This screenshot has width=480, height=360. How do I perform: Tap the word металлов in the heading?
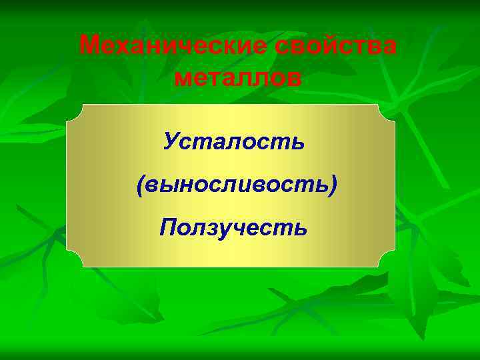238,77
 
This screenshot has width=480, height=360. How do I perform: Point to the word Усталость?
234,141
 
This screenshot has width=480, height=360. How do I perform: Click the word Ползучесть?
234,228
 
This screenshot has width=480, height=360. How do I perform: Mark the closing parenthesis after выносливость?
333,185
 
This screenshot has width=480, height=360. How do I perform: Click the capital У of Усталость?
172,141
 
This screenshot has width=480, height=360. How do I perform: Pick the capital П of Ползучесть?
169,228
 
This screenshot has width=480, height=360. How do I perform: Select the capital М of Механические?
89,46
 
